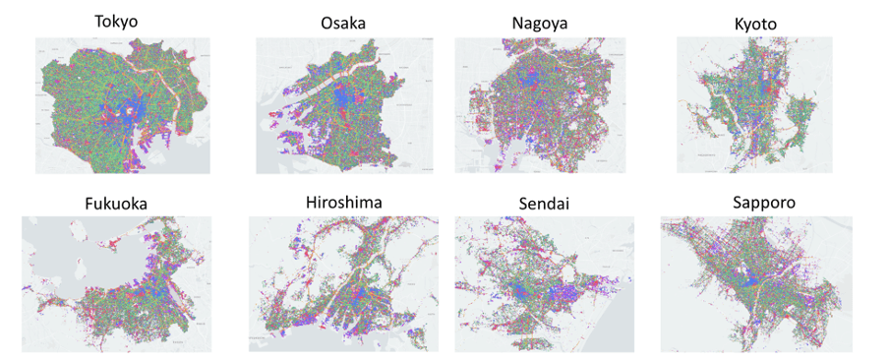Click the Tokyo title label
point(116,22)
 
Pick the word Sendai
point(543,205)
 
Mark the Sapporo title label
point(766,203)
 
